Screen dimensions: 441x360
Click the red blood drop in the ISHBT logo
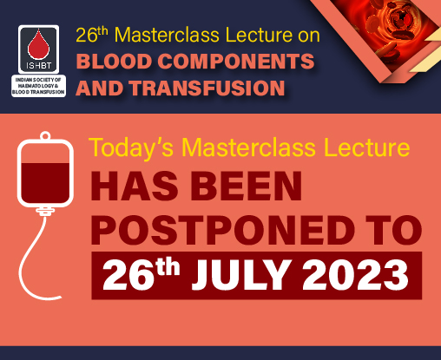(x=38, y=45)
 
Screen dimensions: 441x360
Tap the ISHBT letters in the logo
(x=39, y=66)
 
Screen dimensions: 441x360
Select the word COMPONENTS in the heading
(x=236, y=61)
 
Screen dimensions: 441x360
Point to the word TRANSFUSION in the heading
(x=207, y=88)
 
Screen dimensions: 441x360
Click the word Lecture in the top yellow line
(x=259, y=36)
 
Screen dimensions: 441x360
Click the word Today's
(x=131, y=148)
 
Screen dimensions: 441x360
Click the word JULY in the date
(x=240, y=275)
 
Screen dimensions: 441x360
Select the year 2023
(x=355, y=275)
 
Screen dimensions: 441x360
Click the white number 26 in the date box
(x=128, y=275)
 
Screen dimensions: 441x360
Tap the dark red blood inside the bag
(x=45, y=182)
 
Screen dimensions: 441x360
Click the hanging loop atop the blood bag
(x=45, y=135)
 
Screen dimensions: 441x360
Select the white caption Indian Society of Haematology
(x=38, y=86)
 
